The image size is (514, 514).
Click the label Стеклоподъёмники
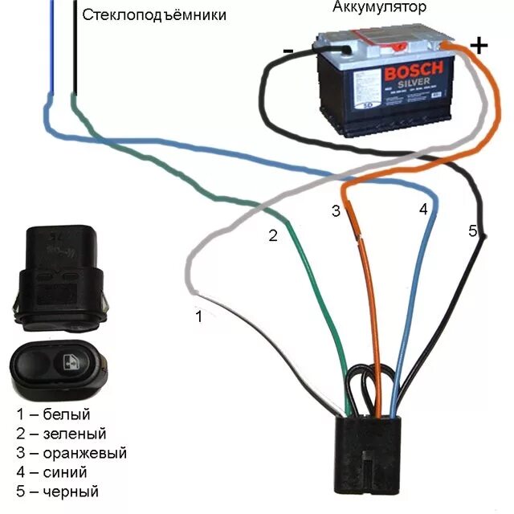click(154, 14)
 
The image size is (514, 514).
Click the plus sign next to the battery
click(479, 45)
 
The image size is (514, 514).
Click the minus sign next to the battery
click(288, 51)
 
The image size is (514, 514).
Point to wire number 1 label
click(199, 316)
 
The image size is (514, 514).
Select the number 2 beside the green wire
click(273, 235)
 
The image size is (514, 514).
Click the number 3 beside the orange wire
click(336, 211)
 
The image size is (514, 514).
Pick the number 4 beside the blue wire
click(424, 209)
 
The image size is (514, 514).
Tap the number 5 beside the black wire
click(472, 231)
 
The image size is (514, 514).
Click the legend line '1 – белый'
click(53, 414)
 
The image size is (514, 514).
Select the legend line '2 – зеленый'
click(61, 434)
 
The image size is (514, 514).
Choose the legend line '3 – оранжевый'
click(71, 453)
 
